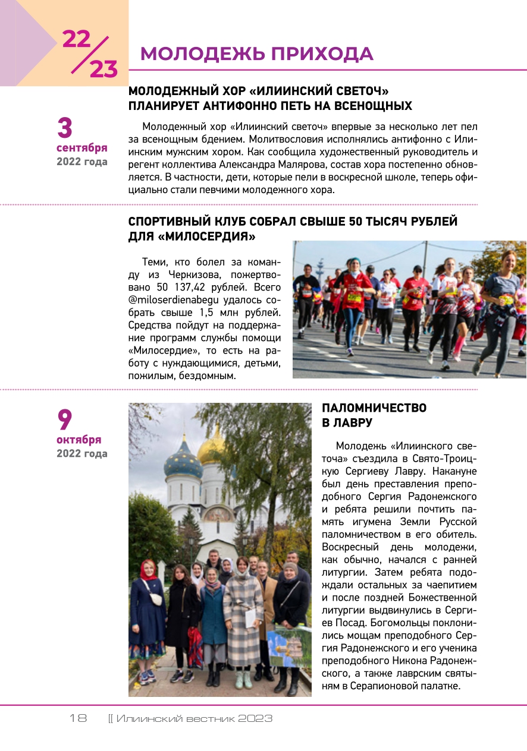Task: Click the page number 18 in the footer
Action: tap(78, 718)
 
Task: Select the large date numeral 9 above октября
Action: tap(64, 420)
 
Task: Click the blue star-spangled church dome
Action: tap(183, 461)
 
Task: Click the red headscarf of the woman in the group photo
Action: tap(148, 569)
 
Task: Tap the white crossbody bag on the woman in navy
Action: tap(156, 597)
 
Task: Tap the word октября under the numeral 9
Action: tap(79, 440)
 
